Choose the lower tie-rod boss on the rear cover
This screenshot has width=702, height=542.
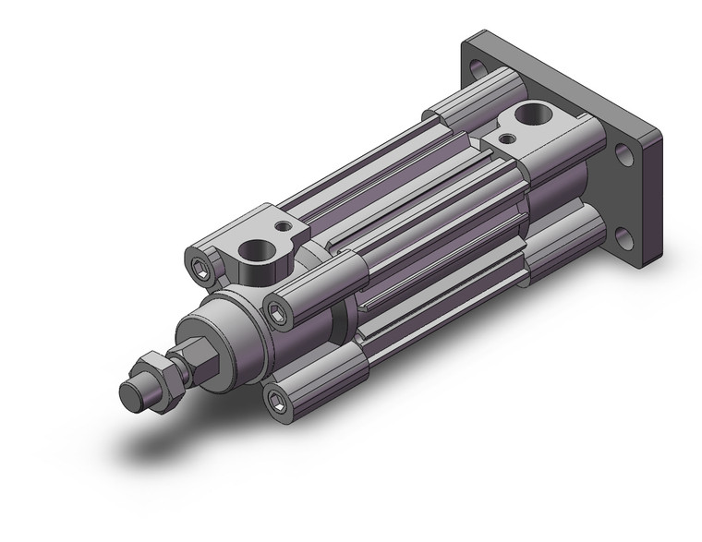554,235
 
